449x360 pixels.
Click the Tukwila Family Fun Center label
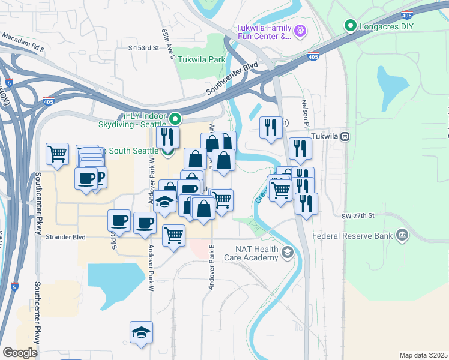tap(264, 32)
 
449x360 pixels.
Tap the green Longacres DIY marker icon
tap(349, 26)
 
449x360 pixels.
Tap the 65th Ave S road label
tap(167, 44)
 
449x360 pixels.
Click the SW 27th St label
tap(358, 215)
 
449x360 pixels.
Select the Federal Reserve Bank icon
tap(402, 235)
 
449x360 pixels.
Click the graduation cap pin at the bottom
tap(141, 334)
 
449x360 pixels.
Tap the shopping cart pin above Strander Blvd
tap(173, 236)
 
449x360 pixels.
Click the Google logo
tap(20, 353)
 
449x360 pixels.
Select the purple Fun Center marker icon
tap(301, 29)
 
